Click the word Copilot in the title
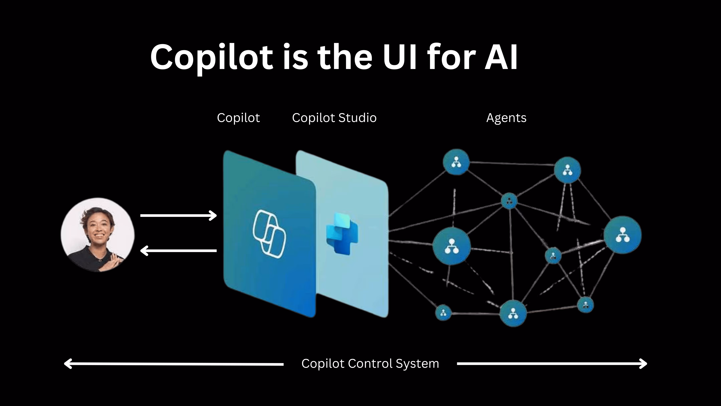pos(211,57)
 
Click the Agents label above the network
pos(506,118)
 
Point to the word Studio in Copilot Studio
pos(357,118)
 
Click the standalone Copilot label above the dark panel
pos(238,118)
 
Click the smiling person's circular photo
pos(98,235)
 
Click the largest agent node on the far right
pos(622,235)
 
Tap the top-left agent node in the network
pos(456,162)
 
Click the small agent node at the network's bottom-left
pos(443,312)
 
